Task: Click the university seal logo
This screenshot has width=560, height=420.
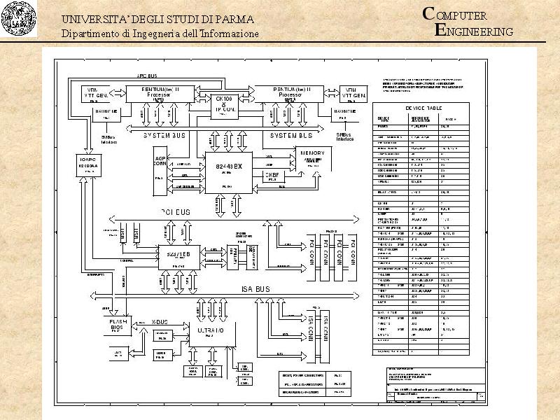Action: click(19, 19)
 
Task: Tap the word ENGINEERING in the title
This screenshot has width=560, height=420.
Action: click(475, 31)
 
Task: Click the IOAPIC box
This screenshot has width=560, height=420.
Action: click(90, 165)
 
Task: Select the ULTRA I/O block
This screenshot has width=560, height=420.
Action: click(211, 330)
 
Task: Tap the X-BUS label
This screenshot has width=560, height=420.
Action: click(160, 321)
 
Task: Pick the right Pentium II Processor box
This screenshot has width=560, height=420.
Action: click(288, 94)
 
